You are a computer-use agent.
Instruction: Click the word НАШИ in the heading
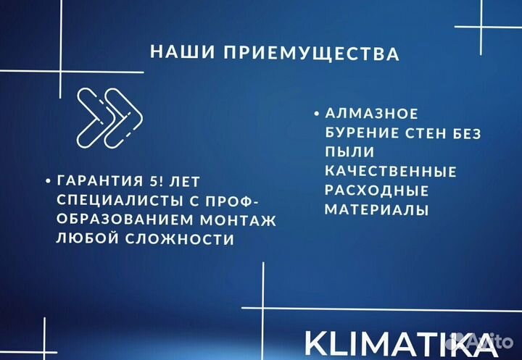coord(174,52)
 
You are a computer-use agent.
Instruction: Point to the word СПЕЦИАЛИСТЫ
coord(102,200)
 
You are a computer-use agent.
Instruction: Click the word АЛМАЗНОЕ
coord(372,114)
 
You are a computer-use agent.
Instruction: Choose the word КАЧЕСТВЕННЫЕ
coord(390,172)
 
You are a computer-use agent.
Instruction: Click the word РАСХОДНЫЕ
coord(376,191)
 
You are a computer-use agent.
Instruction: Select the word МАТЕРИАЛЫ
coord(376,210)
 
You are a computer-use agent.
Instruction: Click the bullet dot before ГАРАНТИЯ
coord(47,181)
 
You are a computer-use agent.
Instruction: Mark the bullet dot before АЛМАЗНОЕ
coord(316,114)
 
